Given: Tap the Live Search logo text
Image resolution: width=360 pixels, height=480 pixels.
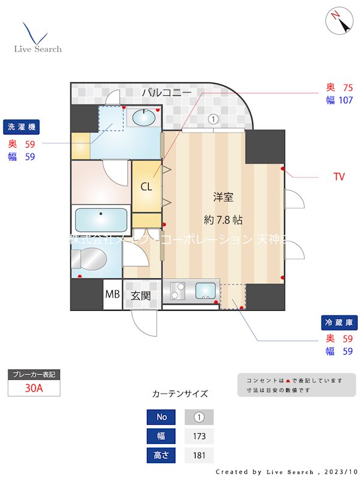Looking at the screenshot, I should [38, 49].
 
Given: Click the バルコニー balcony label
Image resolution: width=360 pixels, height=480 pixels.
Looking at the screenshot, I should [167, 93].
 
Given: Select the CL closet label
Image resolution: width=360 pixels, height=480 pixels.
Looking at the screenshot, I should [146, 186].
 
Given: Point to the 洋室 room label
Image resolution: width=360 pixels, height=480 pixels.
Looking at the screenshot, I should [223, 196].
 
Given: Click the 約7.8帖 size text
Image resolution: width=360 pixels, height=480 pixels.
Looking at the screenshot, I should [223, 220].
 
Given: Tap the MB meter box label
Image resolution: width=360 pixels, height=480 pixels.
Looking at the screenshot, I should [112, 295].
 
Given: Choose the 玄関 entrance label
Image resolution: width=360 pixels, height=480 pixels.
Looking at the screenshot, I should [142, 295].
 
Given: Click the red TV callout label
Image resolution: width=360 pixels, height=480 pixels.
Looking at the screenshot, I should [339, 177].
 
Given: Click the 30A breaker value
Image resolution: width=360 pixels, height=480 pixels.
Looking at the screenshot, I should [34, 388].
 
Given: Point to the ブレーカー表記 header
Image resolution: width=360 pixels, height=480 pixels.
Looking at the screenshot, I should [34, 374].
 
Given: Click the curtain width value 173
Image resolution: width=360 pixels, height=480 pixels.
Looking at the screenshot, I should [199, 436].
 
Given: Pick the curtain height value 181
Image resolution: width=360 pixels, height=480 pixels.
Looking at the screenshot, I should [199, 455].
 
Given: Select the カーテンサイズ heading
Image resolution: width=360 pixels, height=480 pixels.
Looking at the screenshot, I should [180, 394].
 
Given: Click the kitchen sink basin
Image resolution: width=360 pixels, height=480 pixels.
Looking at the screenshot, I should [206, 290].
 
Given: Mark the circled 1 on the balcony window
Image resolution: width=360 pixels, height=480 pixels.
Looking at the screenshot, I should [212, 119].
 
